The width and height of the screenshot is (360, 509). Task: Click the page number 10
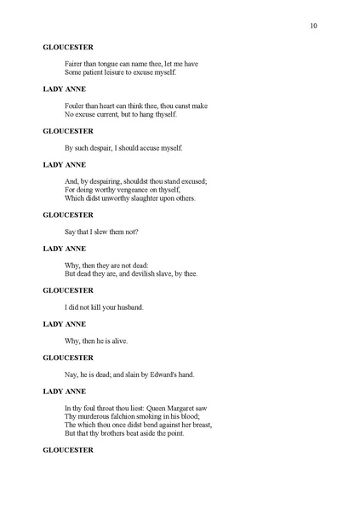coord(314,26)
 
